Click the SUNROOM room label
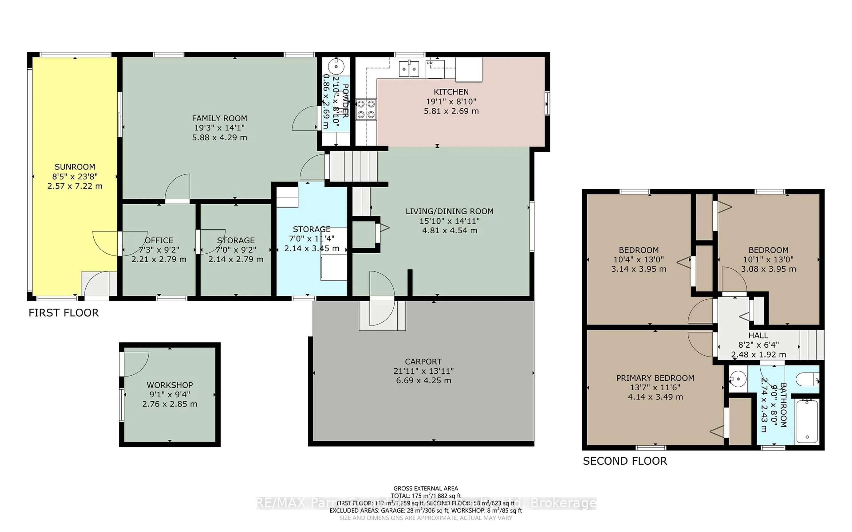click(75, 167)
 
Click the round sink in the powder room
click(336, 66)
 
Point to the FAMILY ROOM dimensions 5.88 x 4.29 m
click(219, 138)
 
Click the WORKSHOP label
click(170, 385)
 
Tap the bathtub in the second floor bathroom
click(807, 421)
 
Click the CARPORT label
click(423, 361)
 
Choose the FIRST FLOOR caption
click(63, 313)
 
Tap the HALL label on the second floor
click(758, 335)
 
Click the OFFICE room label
click(159, 240)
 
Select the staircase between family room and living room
click(353, 166)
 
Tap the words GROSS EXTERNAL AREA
click(426, 488)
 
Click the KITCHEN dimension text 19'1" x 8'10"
click(451, 101)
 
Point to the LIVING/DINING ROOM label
click(450, 211)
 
